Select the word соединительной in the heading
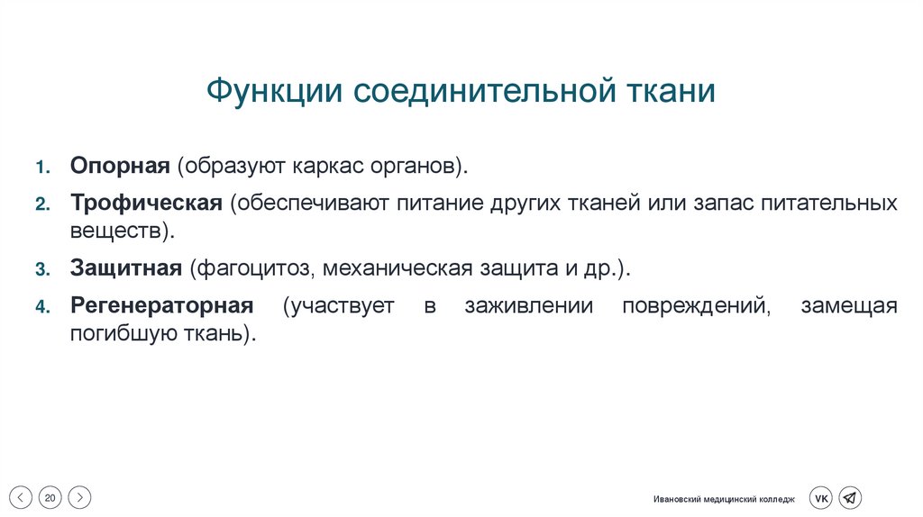click(480, 91)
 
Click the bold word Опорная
click(120, 167)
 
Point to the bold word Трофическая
click(146, 203)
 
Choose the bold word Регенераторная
click(161, 305)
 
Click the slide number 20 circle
click(50, 497)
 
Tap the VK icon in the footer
click(821, 497)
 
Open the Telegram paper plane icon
click(850, 497)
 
